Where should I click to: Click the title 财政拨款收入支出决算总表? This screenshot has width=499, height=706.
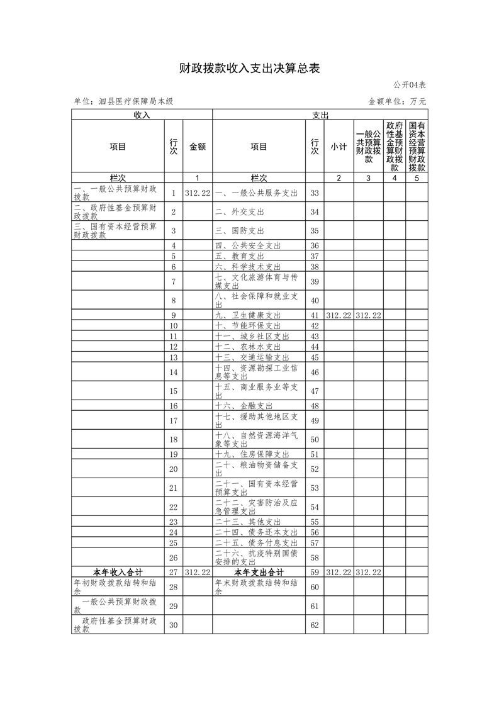click(x=250, y=69)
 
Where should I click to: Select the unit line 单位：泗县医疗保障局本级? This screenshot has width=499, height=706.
click(x=123, y=101)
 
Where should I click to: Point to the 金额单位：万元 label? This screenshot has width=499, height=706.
click(x=397, y=101)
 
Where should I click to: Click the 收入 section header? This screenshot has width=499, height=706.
click(x=142, y=115)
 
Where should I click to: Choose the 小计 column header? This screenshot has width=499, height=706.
click(x=339, y=147)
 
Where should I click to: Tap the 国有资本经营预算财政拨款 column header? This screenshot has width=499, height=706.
click(x=417, y=147)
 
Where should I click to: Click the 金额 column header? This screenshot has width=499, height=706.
click(x=198, y=147)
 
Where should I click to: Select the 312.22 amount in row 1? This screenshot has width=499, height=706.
click(x=198, y=193)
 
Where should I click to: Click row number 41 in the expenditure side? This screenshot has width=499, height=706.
click(x=315, y=315)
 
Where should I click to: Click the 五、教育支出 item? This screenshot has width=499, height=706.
click(x=240, y=256)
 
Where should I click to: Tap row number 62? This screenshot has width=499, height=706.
click(x=315, y=625)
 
